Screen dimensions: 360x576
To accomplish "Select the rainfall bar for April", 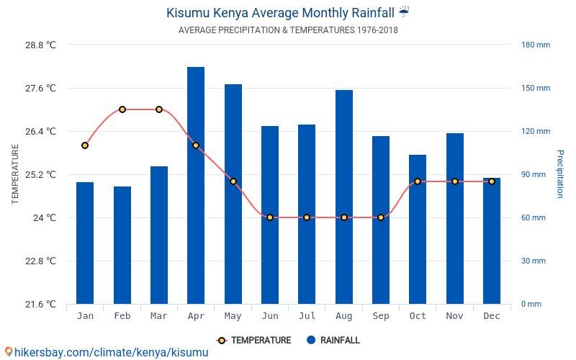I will coord(196,185).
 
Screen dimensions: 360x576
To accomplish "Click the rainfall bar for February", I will coord(122,245).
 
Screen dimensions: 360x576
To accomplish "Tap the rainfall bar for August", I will coord(344,197).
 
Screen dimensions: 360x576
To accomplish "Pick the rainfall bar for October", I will coord(418,229).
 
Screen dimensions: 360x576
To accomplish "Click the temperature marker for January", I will coord(85,145).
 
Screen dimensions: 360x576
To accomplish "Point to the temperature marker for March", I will coord(159,109).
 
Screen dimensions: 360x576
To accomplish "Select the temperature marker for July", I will coord(307,217).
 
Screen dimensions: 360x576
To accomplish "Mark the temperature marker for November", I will coord(454,181).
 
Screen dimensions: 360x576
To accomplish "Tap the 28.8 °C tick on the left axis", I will coord(40,45).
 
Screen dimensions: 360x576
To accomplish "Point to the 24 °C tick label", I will coord(45,217).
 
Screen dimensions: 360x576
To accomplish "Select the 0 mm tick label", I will coord(531,304).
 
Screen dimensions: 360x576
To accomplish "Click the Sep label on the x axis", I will coord(381,316).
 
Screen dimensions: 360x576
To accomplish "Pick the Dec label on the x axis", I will coord(492,316).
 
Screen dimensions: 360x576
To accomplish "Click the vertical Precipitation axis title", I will coord(560,174).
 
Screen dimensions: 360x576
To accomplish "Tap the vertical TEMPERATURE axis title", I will coord(15,174).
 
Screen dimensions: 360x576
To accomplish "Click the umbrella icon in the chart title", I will coord(404,12).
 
